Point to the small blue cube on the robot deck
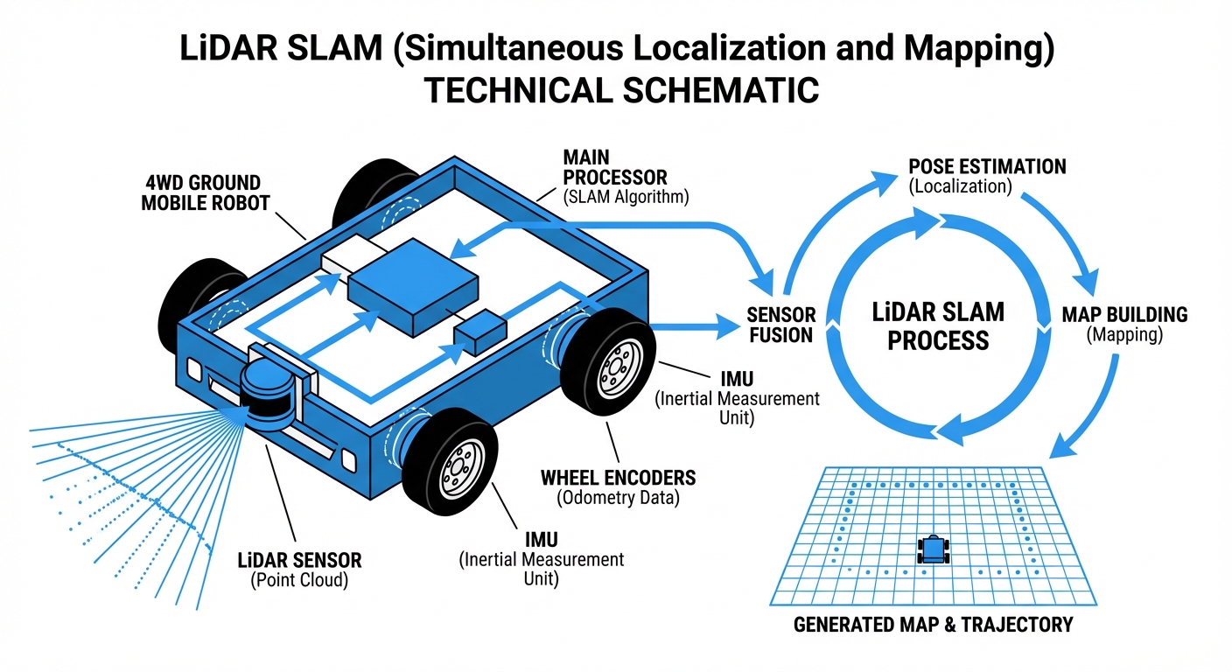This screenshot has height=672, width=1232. pos(480,331)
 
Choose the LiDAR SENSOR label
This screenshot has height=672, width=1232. pos(300,560)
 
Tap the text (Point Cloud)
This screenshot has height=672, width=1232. pos(300,579)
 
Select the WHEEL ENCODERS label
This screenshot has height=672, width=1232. pos(619,478)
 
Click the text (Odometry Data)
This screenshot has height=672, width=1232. pos(619,498)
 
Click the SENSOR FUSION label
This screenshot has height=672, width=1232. pos(781,325)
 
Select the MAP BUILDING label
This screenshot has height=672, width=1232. pos(1124,314)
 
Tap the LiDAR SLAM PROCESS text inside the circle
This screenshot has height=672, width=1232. pos(938,325)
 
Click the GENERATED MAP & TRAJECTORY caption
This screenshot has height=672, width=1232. pos(933,625)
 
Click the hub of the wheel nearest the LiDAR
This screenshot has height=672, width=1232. pos(457,467)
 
